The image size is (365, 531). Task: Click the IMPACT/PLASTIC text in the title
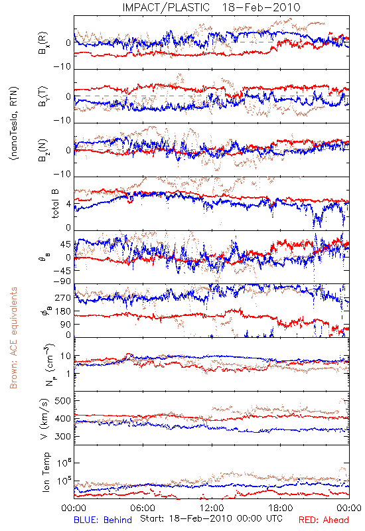click(166, 7)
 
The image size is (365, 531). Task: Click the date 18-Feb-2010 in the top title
click(261, 7)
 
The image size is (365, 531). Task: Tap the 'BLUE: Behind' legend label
click(103, 520)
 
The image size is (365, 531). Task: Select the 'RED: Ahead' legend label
click(323, 520)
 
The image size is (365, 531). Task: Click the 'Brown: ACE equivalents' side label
click(13, 338)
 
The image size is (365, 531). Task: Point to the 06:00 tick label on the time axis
click(143, 508)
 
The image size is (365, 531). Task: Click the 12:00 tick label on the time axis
click(212, 508)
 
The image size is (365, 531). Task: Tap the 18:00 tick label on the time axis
click(281, 508)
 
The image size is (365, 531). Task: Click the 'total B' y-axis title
click(55, 204)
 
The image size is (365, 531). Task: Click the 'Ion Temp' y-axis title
click(46, 472)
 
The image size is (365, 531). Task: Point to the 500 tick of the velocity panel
click(62, 401)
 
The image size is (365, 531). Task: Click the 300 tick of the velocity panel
click(62, 436)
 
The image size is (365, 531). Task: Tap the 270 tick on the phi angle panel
click(63, 297)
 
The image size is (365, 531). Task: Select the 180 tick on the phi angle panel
click(63, 311)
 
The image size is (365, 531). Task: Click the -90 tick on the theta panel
click(62, 281)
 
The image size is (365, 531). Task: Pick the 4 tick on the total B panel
click(68, 204)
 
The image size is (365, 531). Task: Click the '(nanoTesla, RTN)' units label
click(14, 123)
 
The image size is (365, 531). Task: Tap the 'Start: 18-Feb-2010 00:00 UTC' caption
click(211, 518)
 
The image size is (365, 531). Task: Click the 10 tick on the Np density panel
click(65, 356)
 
